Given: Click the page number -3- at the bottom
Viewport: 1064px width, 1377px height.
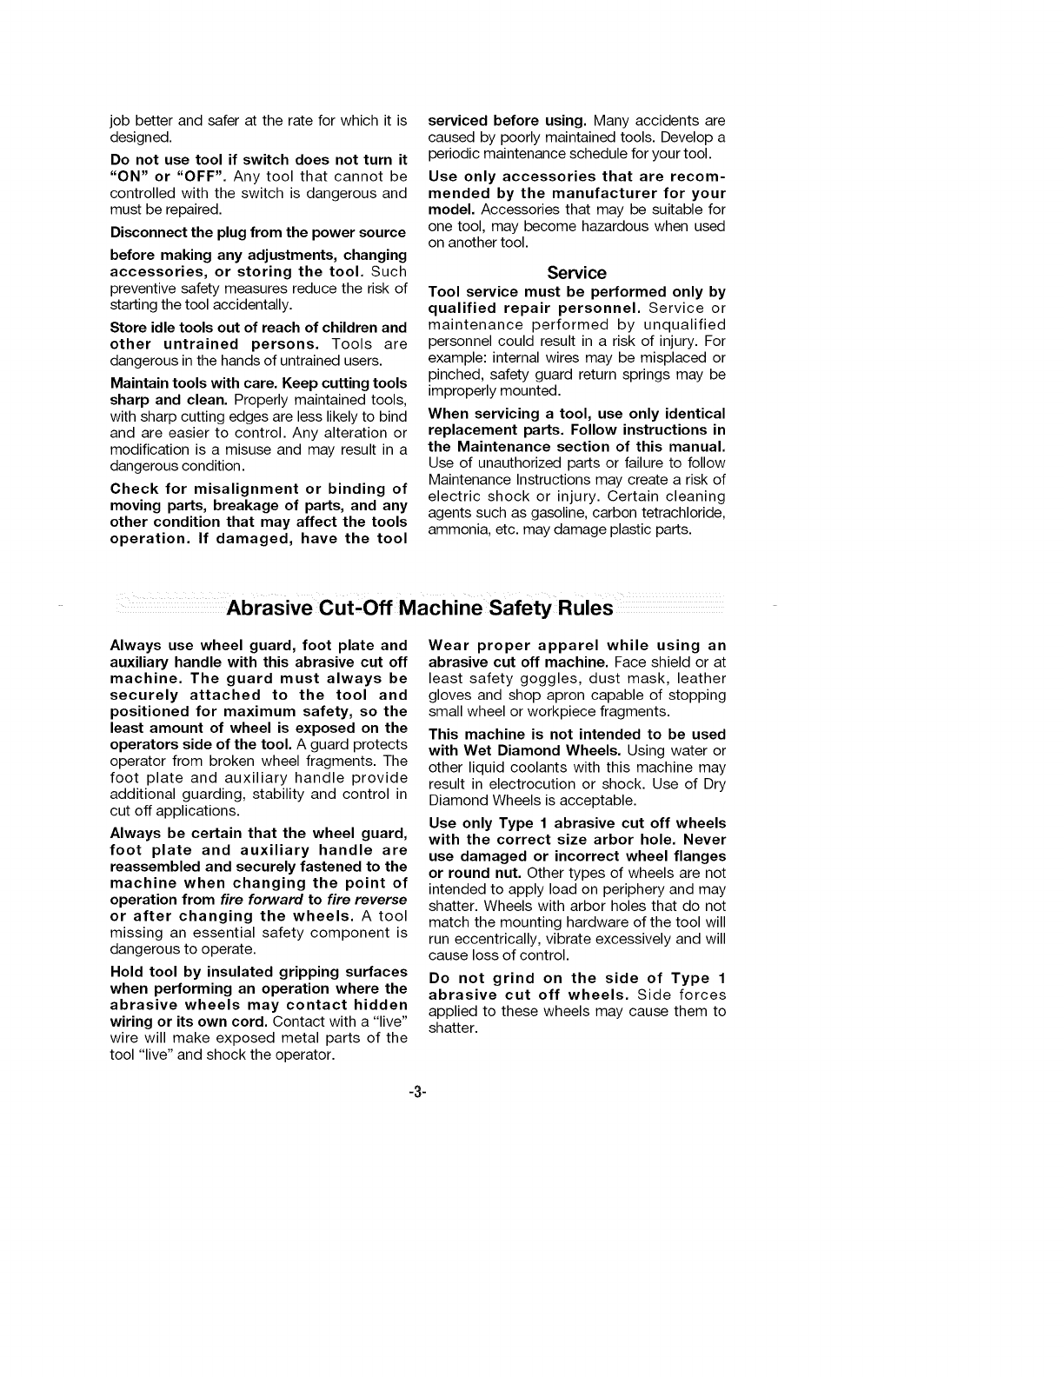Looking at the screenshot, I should point(416,1094).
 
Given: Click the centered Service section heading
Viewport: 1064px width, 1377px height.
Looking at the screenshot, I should point(576,273).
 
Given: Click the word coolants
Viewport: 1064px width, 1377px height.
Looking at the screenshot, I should point(543,768).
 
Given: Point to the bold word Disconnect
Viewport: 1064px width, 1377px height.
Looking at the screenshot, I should point(149,233).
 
